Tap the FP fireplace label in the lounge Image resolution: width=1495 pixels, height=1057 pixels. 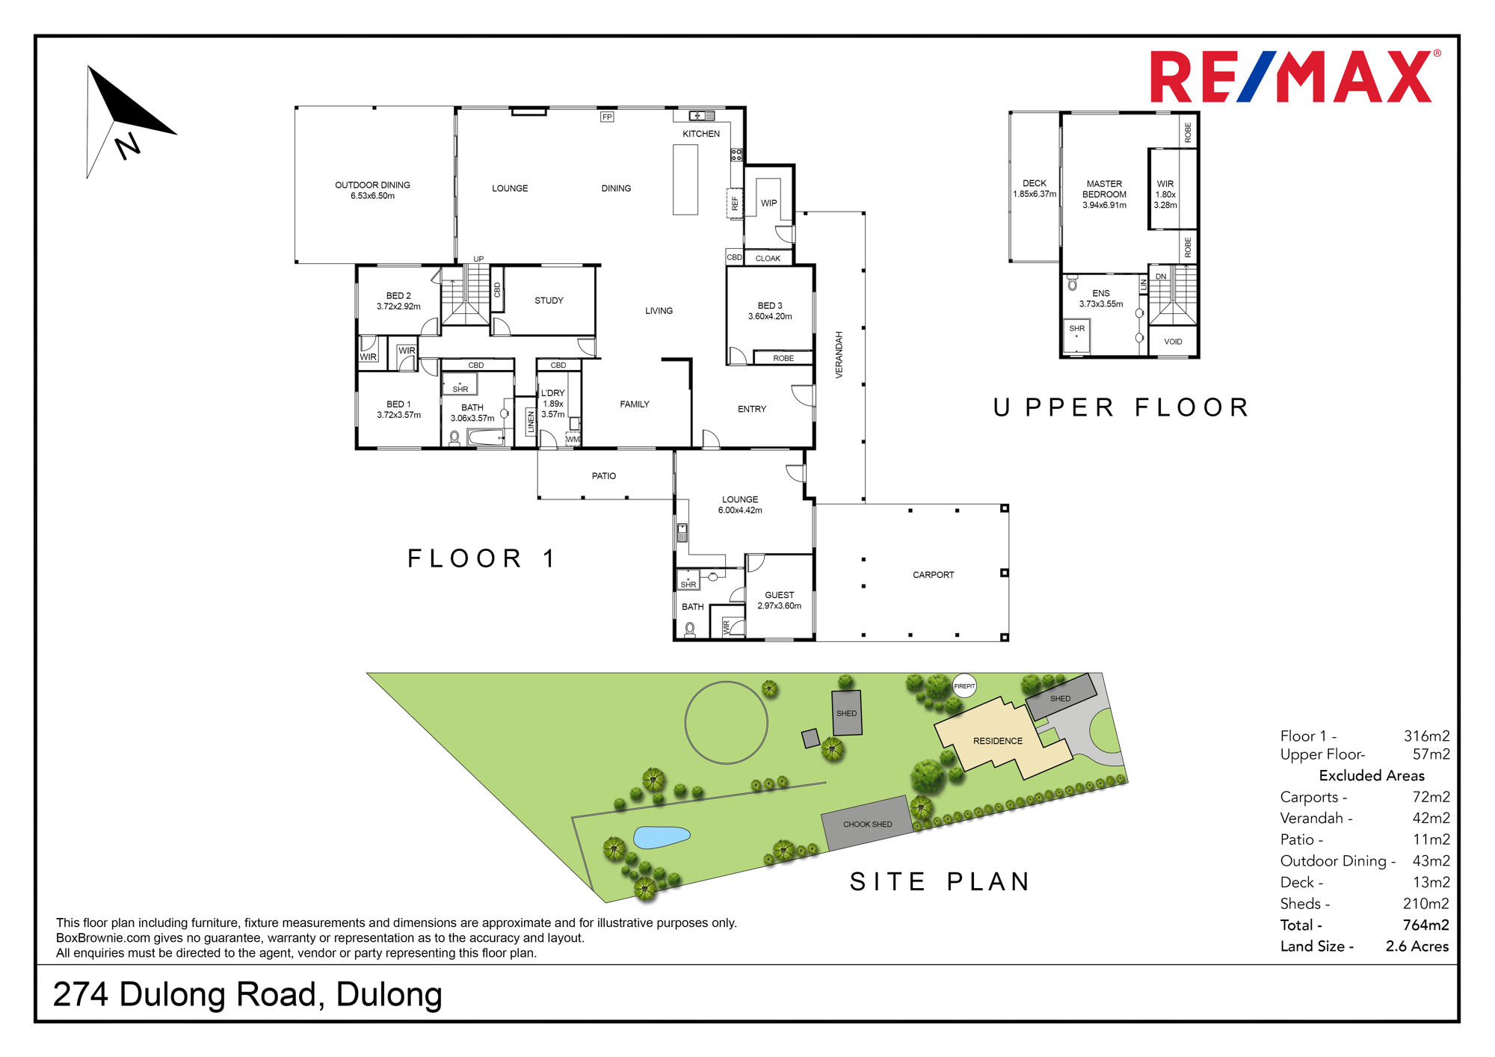607,117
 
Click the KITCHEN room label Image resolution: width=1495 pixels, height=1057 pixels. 701,134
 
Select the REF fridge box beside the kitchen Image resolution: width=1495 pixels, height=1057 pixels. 735,203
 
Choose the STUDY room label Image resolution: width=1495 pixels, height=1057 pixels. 549,301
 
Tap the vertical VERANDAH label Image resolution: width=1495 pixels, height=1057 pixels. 839,355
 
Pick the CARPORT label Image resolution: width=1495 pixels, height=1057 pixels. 934,575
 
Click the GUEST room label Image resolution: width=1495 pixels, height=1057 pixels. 780,595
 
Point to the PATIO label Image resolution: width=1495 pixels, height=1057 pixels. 604,476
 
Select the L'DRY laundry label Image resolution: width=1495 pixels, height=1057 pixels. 553,393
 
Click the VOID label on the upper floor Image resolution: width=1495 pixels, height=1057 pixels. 1173,342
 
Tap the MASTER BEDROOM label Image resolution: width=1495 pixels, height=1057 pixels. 1105,189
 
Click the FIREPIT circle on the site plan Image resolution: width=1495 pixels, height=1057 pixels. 964,686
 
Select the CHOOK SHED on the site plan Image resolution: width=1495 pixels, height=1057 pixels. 867,824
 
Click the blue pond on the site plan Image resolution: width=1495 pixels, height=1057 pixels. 662,837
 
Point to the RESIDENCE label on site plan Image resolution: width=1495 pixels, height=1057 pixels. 998,741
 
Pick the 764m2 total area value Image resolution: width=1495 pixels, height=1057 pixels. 1426,925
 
